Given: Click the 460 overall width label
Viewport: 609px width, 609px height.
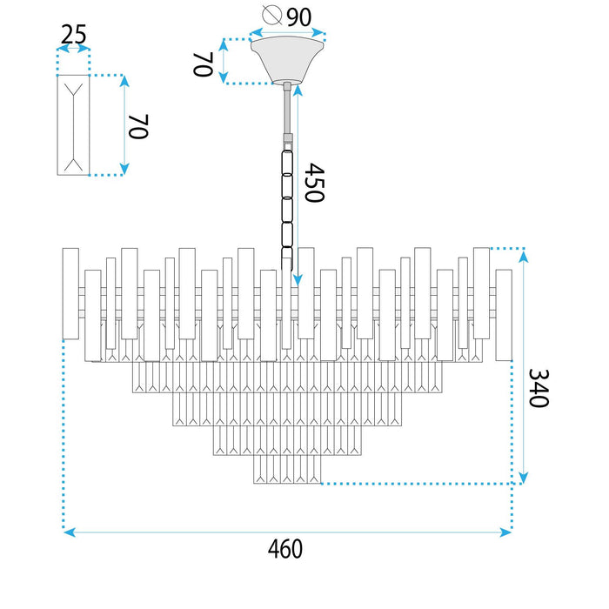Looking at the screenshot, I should coord(285,550).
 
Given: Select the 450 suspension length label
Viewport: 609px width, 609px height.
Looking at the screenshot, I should coord(314,183).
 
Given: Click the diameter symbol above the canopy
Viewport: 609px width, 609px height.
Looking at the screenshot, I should coord(270,15).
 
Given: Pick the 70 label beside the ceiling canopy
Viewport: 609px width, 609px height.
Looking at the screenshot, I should coord(202,64).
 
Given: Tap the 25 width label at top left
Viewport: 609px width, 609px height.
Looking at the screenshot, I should coord(73,35).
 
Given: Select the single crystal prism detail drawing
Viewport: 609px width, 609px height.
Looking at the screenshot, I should coord(73,125).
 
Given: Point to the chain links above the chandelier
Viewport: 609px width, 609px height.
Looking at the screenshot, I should coord(287,200).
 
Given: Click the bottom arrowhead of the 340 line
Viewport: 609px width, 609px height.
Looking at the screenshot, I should coord(523,477).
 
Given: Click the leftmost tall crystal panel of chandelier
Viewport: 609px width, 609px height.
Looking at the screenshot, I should coord(70,291).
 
